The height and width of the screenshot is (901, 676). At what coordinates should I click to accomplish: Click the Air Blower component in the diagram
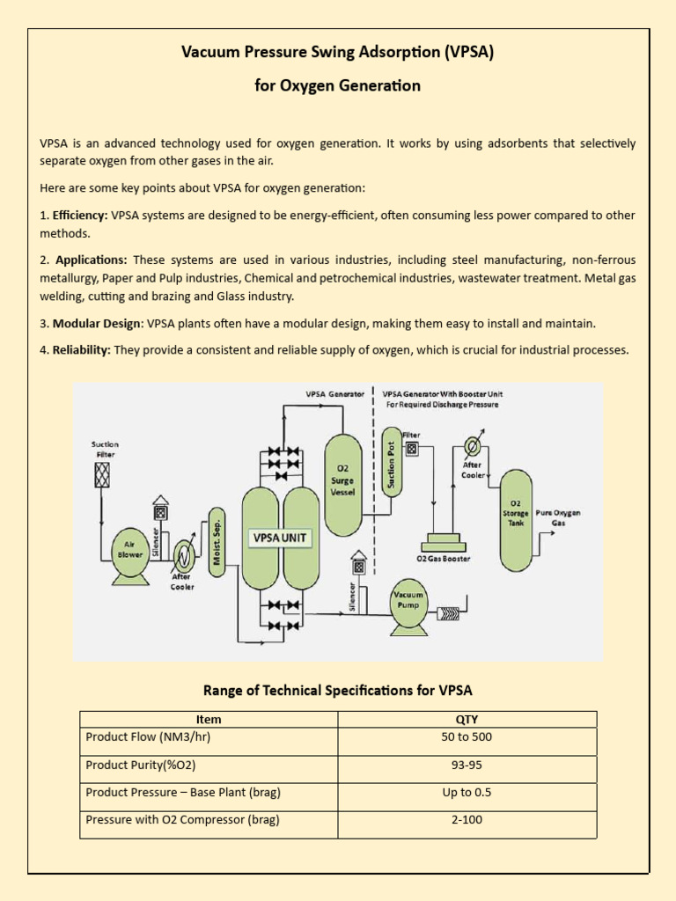[130, 552]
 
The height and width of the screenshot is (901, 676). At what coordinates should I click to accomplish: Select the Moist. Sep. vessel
[217, 542]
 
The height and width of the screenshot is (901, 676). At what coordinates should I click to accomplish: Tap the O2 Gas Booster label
[443, 558]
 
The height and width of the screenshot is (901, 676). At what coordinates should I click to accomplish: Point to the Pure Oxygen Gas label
[565, 517]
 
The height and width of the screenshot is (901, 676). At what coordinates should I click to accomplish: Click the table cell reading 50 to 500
[467, 737]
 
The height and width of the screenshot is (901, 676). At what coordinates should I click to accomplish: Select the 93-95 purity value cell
[467, 765]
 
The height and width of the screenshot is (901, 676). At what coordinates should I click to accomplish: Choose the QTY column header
[467, 719]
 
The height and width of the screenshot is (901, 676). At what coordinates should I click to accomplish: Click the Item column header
[209, 719]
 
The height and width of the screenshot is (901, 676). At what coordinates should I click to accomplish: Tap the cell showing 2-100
[467, 819]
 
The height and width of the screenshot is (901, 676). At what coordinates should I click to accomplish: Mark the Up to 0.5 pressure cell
[467, 792]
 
